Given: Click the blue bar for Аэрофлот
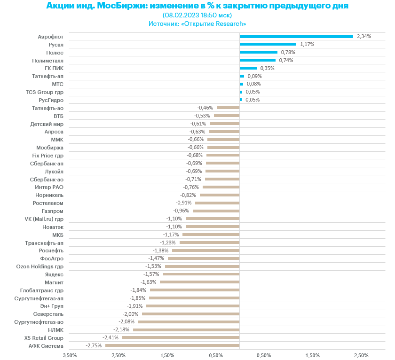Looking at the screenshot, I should tap(296, 36).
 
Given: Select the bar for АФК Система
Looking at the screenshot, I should tap(172, 345).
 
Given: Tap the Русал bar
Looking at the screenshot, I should tap(268, 44).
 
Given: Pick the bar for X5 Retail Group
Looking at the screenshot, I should tap(181, 337).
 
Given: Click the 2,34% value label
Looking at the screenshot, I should tap(364, 36).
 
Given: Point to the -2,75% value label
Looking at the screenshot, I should tap(94, 345).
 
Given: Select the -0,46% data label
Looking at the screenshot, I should tap(205, 108).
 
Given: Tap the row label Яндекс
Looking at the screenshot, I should tap(54, 274).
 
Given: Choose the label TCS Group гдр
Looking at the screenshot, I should tap(44, 92).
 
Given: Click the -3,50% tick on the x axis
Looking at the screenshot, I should tap(69, 355).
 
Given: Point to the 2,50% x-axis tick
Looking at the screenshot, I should tap(361, 355).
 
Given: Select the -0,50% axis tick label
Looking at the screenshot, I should tap(215, 355).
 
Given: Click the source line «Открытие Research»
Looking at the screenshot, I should tap(214, 23).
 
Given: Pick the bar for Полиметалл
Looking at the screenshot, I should tap(257, 60).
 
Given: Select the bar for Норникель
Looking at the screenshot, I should tap(220, 195).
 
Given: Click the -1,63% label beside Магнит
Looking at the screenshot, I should tap(149, 282).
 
